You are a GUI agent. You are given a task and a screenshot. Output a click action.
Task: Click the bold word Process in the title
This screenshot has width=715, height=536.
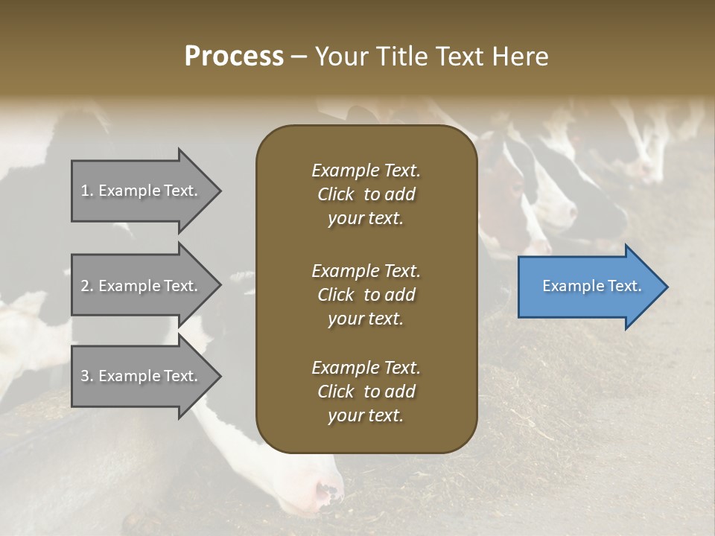234,57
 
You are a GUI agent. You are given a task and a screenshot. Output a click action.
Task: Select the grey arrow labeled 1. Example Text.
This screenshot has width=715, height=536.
142,191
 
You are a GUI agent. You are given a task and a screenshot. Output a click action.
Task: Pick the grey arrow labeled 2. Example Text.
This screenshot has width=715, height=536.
142,286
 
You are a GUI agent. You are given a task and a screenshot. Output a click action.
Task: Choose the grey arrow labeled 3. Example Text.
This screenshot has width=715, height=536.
142,376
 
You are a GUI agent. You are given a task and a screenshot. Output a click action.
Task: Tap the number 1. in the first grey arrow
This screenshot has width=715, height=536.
87,191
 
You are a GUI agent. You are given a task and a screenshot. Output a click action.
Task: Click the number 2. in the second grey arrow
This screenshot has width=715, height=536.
87,286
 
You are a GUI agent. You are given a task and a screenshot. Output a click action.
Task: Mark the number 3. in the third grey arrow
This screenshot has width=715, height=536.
87,376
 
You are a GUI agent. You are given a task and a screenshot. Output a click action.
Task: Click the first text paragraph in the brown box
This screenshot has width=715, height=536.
366,194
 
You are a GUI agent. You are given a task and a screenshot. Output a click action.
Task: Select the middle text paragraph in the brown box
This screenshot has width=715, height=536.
366,294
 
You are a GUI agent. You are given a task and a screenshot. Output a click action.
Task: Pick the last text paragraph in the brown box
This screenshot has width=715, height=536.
366,392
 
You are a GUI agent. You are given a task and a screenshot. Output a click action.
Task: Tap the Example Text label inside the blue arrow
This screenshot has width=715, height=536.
592,286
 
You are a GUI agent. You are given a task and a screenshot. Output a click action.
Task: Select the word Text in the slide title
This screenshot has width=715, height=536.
455,57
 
